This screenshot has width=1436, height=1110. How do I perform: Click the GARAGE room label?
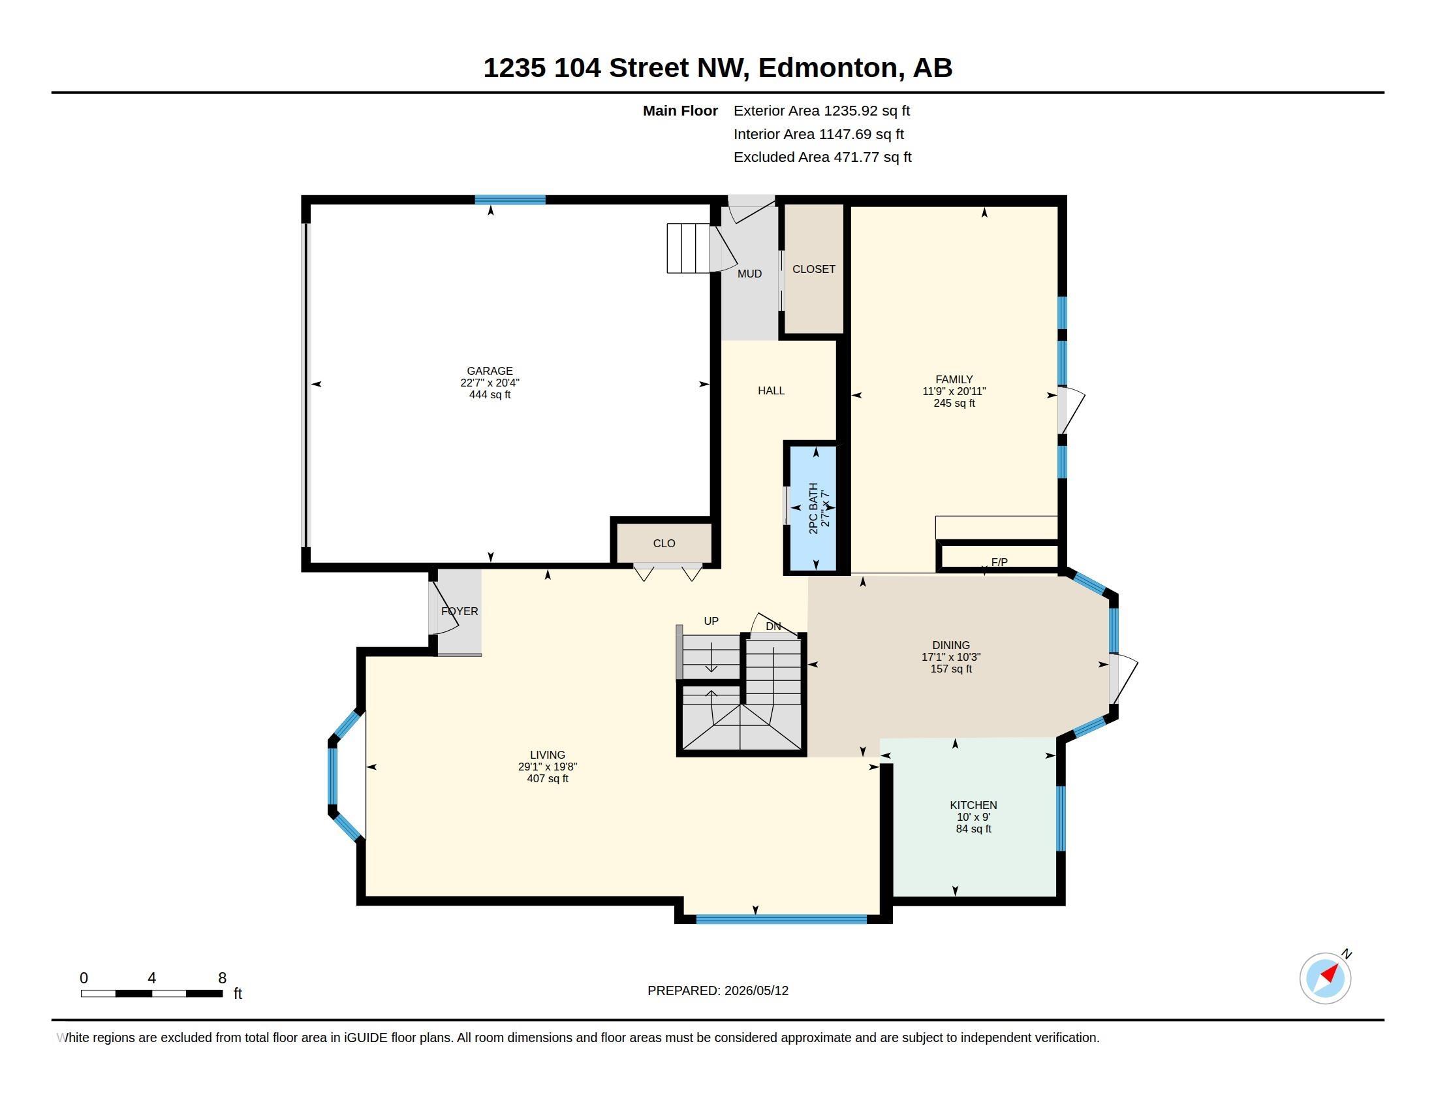pos(490,371)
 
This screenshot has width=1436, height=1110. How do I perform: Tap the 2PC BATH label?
pos(813,508)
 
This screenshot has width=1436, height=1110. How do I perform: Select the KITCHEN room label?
pos(973,805)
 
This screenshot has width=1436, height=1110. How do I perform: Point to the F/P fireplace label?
pos(999,562)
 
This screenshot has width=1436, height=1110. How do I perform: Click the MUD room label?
pos(749,274)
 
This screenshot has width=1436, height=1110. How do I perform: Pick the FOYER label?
pos(460,611)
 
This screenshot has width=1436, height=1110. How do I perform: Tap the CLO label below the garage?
pos(664,543)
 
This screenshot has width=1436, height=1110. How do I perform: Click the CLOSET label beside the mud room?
pos(814,269)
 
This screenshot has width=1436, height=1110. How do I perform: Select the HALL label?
pos(772,390)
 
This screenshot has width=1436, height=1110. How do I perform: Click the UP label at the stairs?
pos(711,621)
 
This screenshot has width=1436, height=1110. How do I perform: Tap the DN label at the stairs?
pos(773,626)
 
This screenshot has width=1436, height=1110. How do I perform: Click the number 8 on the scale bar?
pos(222,978)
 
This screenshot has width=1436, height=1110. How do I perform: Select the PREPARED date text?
pos(718,991)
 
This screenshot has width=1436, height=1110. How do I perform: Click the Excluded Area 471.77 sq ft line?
pos(822,157)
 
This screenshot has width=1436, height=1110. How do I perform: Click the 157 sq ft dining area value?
pos(951,669)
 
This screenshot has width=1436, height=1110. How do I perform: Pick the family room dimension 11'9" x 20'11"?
pos(954,391)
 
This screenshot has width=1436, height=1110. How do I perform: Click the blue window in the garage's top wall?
pos(510,200)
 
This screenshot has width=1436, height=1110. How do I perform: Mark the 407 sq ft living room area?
pos(548,778)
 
